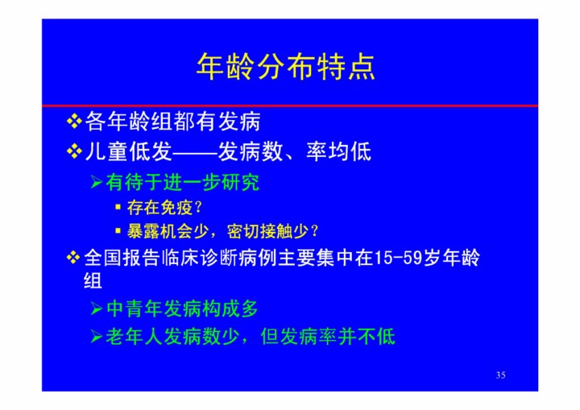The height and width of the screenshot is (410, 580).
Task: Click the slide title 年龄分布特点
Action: [285, 67]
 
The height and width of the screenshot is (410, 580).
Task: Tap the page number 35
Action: [500, 375]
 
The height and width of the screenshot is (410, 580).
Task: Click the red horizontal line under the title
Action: [290, 106]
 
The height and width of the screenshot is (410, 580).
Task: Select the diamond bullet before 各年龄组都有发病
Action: [74, 122]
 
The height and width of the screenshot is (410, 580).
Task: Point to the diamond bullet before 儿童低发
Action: [74, 151]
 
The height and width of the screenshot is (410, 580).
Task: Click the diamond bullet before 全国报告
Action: [73, 258]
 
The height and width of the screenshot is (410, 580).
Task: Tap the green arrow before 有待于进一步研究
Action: [97, 182]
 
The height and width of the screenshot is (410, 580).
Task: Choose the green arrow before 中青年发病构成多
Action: [97, 309]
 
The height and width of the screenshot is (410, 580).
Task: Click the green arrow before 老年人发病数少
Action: [97, 337]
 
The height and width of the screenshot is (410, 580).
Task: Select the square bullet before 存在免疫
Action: [118, 207]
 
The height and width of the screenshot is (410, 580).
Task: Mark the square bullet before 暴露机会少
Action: [118, 231]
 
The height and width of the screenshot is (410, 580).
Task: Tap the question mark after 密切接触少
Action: [315, 231]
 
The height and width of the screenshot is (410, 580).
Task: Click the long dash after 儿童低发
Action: [195, 152]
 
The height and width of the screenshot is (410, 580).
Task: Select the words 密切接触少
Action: [267, 231]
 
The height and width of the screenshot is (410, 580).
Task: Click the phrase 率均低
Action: [338, 151]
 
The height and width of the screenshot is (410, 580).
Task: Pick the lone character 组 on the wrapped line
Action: [93, 280]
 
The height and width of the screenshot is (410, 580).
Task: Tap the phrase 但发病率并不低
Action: [328, 337]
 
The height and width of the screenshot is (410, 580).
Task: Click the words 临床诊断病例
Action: [219, 258]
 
